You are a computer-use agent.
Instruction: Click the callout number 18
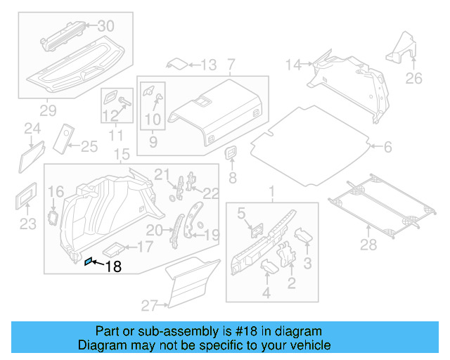112,266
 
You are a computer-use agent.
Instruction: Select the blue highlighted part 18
88,262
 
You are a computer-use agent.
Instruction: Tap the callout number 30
105,26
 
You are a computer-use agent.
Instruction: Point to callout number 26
414,78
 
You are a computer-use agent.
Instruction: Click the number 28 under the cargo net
368,244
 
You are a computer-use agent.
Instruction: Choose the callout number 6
387,147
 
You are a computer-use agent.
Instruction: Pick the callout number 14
293,65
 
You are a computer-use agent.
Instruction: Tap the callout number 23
26,224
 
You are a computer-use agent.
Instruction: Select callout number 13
208,65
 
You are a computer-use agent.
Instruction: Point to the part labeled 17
115,247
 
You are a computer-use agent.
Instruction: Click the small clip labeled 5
256,229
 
